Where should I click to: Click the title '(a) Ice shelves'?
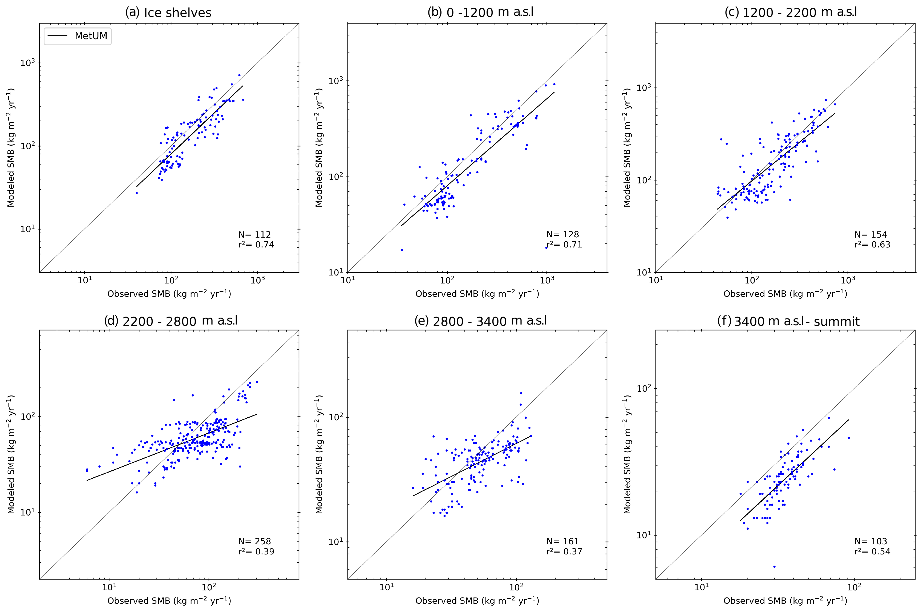point(168,13)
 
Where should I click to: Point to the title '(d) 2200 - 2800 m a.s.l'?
point(171,321)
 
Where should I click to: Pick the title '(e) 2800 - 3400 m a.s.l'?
point(480,321)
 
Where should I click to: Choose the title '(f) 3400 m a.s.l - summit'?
point(788,321)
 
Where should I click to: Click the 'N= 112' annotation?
point(254,235)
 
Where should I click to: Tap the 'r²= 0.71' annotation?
point(564,245)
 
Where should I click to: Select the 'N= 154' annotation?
point(870,235)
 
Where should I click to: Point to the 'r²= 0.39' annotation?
point(256,551)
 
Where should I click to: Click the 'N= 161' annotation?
point(562,541)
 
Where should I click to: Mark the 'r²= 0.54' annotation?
point(872,551)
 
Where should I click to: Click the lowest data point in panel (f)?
point(774,566)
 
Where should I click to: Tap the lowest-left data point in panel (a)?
point(136,193)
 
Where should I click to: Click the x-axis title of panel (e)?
point(477,600)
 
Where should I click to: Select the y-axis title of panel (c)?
point(627,147)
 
